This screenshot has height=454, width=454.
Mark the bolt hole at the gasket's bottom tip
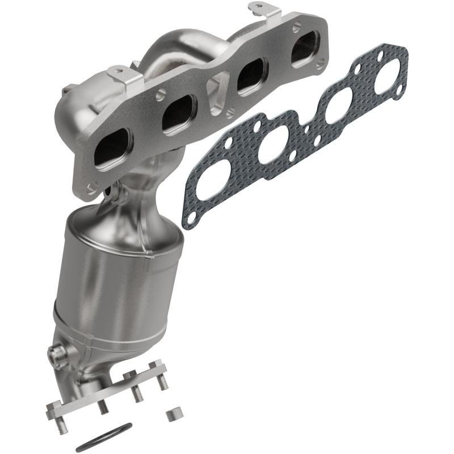191,217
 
